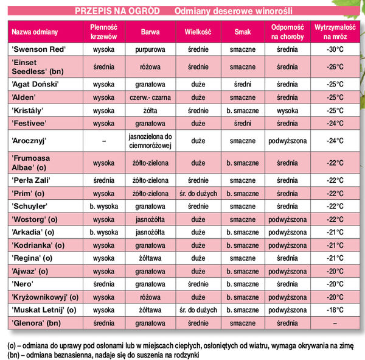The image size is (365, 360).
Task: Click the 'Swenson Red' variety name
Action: [x=38, y=48]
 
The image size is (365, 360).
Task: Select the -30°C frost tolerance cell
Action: [x=335, y=48]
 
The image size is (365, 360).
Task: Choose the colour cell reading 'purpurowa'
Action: [x=150, y=48]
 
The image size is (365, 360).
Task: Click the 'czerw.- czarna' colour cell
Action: [x=150, y=97]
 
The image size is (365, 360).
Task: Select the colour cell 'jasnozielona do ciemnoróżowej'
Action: [x=150, y=141]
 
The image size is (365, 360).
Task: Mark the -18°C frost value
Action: [x=335, y=309]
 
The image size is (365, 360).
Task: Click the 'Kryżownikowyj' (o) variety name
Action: [x=44, y=297]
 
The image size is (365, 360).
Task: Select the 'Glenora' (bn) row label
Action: [x=36, y=323]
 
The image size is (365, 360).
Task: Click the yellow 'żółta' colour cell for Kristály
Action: [x=150, y=110]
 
